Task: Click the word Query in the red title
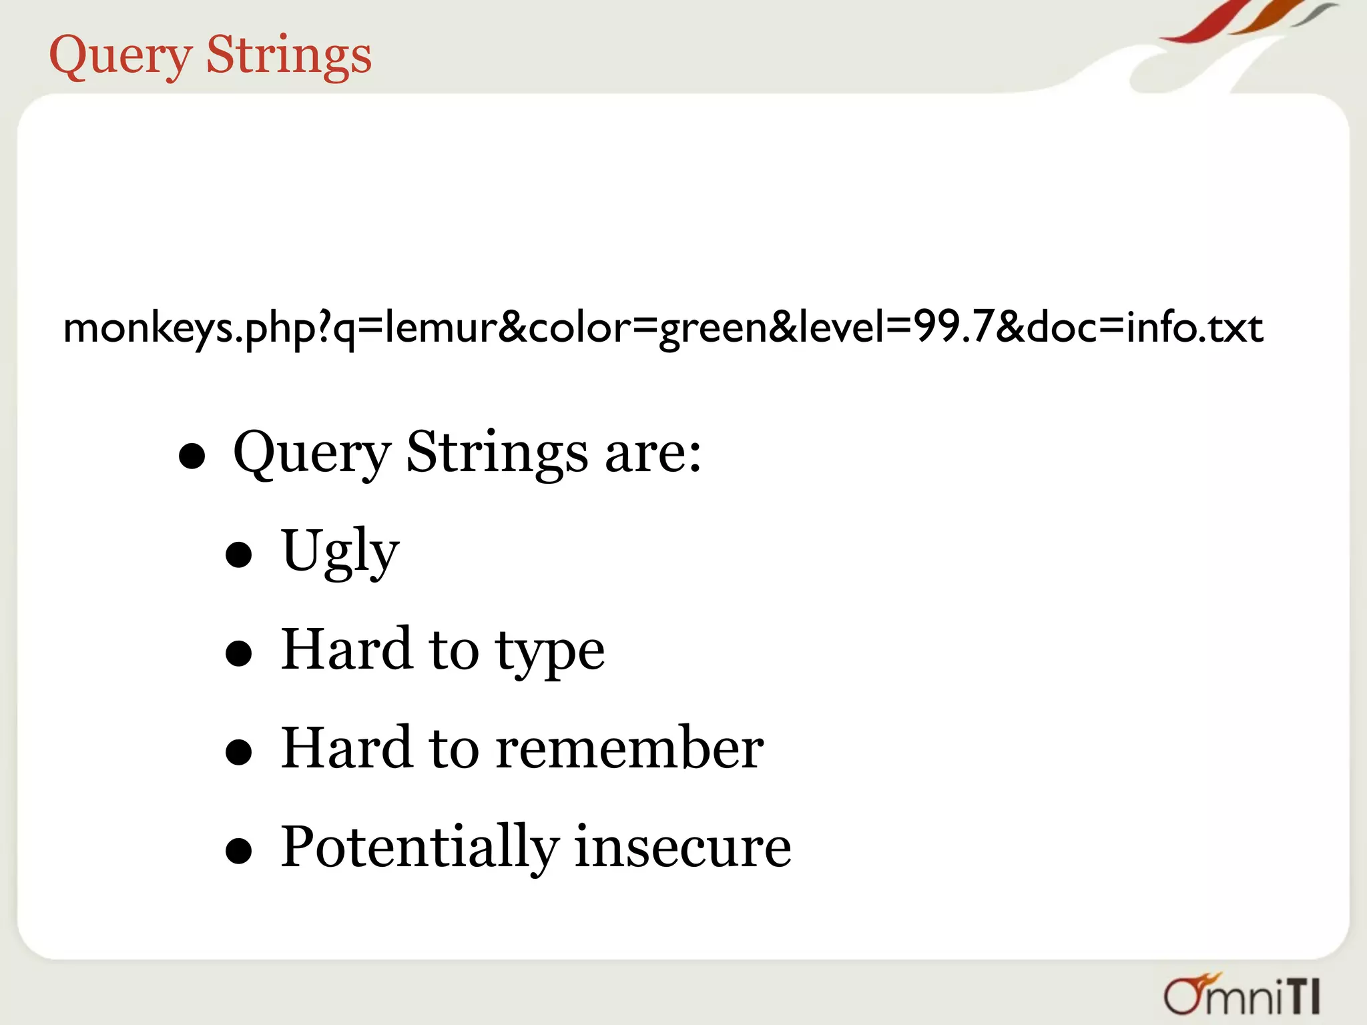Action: click(x=121, y=55)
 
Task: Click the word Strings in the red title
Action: click(x=288, y=55)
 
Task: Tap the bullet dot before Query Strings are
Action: click(x=192, y=457)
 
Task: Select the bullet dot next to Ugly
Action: click(x=238, y=555)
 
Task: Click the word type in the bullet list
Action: click(x=550, y=652)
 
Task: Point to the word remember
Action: click(x=629, y=748)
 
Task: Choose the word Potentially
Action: click(x=419, y=847)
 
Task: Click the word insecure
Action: click(x=682, y=847)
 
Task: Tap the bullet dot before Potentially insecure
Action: click(x=238, y=851)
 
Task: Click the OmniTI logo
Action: click(x=1242, y=995)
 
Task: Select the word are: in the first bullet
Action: click(x=653, y=453)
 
